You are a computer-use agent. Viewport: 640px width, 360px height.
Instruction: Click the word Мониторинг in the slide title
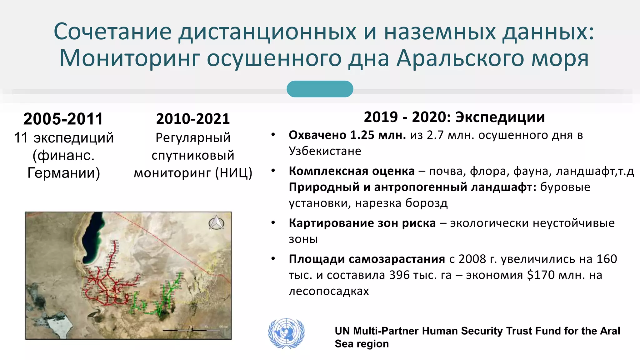[130, 58]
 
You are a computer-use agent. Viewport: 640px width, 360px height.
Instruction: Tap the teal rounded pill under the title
[320, 89]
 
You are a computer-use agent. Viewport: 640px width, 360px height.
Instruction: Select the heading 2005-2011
[63, 119]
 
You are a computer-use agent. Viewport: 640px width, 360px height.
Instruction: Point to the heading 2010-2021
[193, 119]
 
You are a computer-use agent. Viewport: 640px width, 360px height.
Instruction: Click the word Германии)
[64, 173]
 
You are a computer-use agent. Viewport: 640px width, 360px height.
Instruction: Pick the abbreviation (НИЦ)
[233, 173]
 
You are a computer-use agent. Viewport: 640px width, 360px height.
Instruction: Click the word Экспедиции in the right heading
[500, 117]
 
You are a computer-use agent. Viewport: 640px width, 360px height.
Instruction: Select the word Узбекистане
[325, 151]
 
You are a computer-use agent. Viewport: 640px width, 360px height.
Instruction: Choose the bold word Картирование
[331, 223]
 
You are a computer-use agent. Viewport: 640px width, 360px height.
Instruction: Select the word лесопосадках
[329, 291]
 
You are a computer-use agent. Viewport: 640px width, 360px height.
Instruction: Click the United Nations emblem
[286, 333]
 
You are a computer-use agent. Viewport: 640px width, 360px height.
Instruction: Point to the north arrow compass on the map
[216, 223]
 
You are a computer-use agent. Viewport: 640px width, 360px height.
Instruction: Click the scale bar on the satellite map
[192, 329]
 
